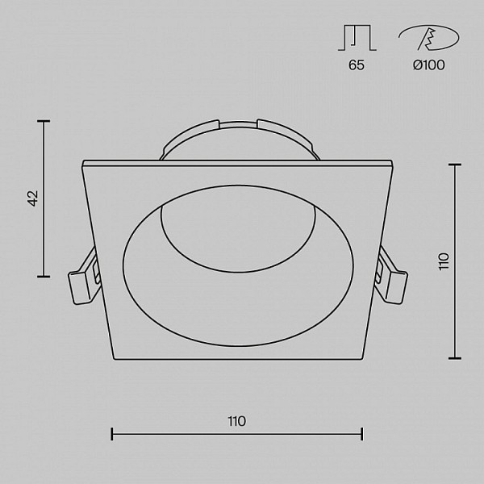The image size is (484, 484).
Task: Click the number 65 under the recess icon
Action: click(357, 65)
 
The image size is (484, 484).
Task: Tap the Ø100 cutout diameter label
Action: click(429, 65)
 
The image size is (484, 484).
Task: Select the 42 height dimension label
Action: click(33, 198)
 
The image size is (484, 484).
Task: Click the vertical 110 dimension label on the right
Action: click(444, 261)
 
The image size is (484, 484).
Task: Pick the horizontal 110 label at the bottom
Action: click(236, 421)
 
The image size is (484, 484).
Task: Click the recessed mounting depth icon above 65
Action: click(357, 38)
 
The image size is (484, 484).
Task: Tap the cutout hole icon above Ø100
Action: click(429, 38)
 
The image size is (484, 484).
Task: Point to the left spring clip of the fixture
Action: click(84, 277)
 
